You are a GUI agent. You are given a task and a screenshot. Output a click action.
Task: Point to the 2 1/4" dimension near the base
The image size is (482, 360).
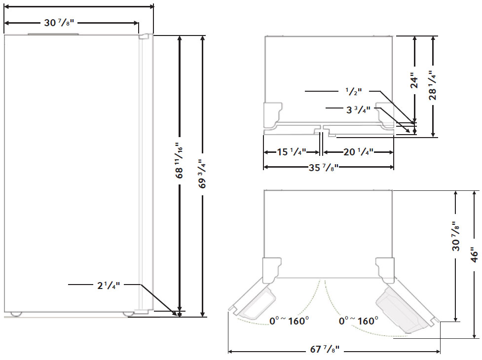(108, 285)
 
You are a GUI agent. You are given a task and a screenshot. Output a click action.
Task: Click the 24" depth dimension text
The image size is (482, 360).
(414, 81)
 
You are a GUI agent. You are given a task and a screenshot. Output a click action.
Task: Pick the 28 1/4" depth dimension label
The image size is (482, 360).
(433, 86)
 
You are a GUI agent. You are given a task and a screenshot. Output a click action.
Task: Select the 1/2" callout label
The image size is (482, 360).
(353, 91)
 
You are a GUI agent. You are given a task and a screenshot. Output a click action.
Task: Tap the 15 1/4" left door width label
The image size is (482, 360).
(291, 152)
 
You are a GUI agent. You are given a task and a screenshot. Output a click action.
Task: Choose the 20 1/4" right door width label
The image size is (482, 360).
(358, 152)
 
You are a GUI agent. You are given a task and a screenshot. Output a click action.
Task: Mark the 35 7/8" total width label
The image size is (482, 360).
(323, 167)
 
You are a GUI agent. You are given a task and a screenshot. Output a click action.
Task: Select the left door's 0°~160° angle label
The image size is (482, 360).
(289, 321)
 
